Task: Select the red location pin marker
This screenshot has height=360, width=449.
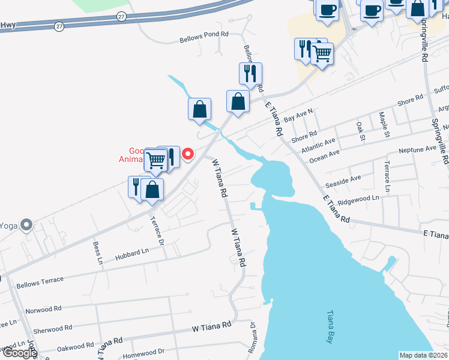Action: click(x=187, y=154)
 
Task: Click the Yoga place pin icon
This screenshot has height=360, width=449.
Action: click(x=26, y=225)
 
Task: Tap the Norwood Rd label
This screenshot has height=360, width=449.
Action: click(x=44, y=310)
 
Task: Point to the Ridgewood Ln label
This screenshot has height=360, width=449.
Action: click(x=359, y=197)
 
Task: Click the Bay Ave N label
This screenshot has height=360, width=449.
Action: click(x=298, y=115)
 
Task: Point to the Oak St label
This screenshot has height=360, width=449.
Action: click(x=360, y=131)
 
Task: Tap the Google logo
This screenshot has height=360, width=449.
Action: click(x=19, y=353)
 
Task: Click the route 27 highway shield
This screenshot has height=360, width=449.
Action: click(x=58, y=26)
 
